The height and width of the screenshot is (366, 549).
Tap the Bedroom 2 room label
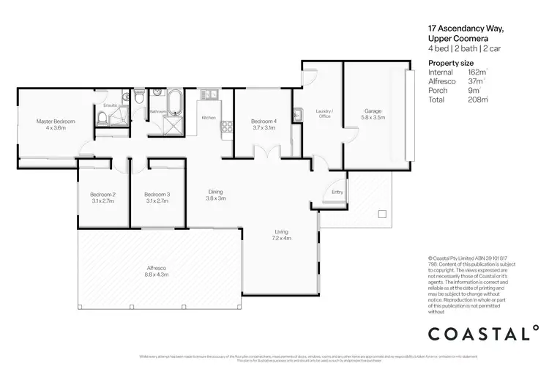(x=102, y=197)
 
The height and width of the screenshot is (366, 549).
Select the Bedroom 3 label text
(x=157, y=197)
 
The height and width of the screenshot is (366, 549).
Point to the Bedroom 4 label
(x=263, y=124)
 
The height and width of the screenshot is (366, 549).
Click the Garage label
(x=372, y=115)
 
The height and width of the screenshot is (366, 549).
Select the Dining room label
(x=215, y=195)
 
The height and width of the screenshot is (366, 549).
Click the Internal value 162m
(x=477, y=72)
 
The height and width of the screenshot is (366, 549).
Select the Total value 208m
(x=477, y=99)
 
